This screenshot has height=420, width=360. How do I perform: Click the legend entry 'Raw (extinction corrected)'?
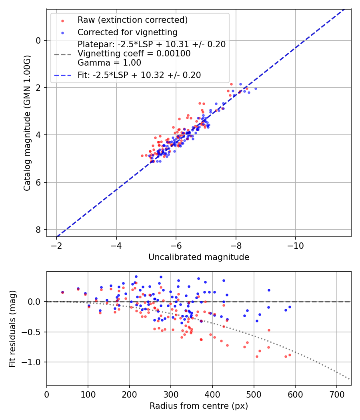tap(132, 20)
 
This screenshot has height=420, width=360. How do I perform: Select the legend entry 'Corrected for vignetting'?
tap(127, 32)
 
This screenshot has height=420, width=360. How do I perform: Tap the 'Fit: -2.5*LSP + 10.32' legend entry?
tap(139, 75)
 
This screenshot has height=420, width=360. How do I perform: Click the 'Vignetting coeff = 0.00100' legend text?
tap(134, 53)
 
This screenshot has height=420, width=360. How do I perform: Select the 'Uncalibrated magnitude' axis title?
tap(199, 257)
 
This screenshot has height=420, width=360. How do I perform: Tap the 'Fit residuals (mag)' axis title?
tap(12, 328)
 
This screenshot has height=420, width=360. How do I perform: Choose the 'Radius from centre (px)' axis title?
tap(199, 406)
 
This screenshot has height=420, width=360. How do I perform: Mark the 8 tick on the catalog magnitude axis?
tap(39, 230)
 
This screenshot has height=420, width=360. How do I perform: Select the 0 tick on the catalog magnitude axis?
tap(39, 40)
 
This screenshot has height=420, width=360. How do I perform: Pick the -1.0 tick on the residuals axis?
tap(33, 362)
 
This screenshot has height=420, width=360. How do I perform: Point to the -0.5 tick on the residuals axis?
tap(33, 332)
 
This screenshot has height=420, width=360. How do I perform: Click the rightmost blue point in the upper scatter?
tap(256, 88)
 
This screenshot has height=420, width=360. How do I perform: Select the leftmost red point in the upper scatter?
tap(142, 156)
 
